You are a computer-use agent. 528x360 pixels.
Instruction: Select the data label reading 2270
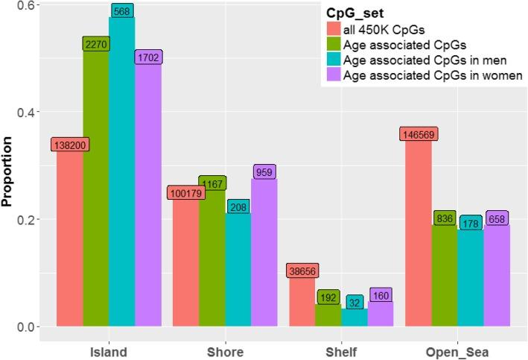point(96,44)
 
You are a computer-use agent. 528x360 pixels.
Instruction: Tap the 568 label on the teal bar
point(122,10)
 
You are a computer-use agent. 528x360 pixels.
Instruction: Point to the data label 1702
point(147,57)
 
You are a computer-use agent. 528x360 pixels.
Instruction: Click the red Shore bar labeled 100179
point(186,261)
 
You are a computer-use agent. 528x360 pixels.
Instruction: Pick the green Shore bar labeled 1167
point(212,257)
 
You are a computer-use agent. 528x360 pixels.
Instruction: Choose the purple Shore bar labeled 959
point(264,253)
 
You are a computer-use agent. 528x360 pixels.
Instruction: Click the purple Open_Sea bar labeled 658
point(497,276)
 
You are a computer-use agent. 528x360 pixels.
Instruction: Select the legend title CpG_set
point(354,13)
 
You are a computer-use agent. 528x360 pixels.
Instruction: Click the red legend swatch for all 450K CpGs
point(334,30)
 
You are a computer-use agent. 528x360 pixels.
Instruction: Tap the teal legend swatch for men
point(334,60)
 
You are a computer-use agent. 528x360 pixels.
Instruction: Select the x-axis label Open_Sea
point(458,351)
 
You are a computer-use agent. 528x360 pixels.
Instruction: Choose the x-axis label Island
point(109,351)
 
